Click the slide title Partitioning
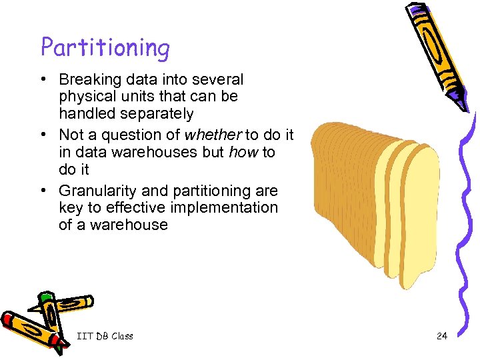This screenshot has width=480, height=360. (105, 47)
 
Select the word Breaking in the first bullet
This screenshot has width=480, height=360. (86, 79)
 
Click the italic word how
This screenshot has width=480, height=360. (243, 151)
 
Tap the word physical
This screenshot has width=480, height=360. (84, 97)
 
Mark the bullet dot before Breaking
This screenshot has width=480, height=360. (43, 80)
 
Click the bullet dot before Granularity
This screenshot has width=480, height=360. (43, 191)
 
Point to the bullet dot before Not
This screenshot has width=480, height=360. (43, 135)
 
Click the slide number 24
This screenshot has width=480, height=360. (441, 336)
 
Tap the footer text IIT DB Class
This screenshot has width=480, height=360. (105, 336)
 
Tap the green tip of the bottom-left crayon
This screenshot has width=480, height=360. (45, 296)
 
